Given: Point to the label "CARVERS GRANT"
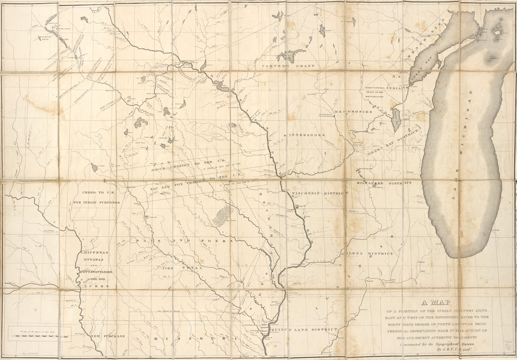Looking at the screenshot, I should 288,67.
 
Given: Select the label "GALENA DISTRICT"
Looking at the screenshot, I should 370,253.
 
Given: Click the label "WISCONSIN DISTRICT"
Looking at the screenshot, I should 319,193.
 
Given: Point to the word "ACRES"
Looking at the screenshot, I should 98,285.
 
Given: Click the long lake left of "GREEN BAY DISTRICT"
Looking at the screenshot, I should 396,120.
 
